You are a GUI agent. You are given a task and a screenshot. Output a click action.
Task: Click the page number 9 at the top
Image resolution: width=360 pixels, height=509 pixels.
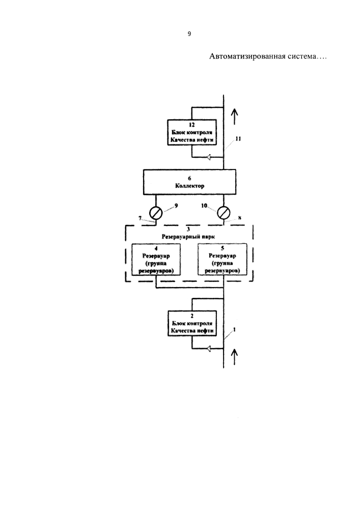pyautogui.click(x=189, y=34)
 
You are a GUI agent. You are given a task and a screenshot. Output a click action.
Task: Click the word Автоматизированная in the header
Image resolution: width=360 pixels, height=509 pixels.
pyautogui.click(x=247, y=56)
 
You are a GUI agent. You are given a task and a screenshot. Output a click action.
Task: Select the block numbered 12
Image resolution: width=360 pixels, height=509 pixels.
pyautogui.click(x=192, y=133)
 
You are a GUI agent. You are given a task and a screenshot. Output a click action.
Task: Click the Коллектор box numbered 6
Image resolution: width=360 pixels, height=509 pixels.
pyautogui.click(x=190, y=182)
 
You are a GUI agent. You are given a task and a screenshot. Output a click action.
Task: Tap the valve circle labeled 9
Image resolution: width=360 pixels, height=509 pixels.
pyautogui.click(x=156, y=213)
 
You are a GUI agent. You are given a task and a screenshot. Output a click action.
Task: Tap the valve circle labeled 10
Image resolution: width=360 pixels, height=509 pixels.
pyautogui.click(x=224, y=213)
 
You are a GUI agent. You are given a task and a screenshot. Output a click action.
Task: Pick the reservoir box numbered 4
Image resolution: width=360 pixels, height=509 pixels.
pyautogui.click(x=156, y=260)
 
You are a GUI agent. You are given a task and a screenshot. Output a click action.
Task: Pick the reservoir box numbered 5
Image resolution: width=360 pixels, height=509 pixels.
pyautogui.click(x=223, y=260)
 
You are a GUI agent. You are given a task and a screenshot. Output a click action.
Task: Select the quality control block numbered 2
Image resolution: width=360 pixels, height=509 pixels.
pyautogui.click(x=192, y=324)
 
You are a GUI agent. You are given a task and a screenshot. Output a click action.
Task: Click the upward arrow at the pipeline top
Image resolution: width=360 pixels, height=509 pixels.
pyautogui.click(x=234, y=116)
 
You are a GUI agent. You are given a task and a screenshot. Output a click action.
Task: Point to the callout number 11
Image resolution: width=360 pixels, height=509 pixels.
pyautogui.click(x=238, y=138)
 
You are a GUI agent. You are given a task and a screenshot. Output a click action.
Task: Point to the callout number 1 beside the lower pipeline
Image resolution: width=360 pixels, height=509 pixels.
pyautogui.click(x=234, y=329)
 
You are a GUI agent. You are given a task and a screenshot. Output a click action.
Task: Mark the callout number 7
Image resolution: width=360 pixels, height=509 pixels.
pyautogui.click(x=140, y=218)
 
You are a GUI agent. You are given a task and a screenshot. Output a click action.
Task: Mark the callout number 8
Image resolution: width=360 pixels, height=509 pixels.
pyautogui.click(x=239, y=218)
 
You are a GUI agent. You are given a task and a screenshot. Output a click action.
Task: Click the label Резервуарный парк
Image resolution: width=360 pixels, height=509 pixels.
pyautogui.click(x=188, y=237)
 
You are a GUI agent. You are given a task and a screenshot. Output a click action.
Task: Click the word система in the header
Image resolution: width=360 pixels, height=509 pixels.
pyautogui.click(x=302, y=56)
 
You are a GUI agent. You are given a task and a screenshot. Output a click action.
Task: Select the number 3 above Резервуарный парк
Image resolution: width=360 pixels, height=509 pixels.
pyautogui.click(x=188, y=230)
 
